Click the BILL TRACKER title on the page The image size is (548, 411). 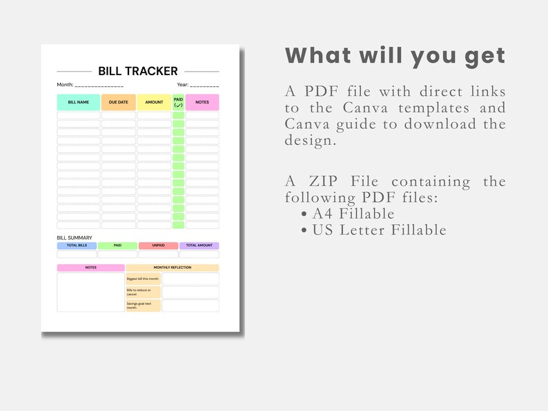click(x=138, y=71)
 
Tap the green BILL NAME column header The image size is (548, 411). click(x=78, y=102)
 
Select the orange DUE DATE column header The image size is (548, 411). click(x=118, y=102)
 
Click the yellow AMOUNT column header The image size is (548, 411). click(x=154, y=102)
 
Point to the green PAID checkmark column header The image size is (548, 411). click(x=178, y=102)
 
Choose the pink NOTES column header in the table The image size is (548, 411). click(x=202, y=102)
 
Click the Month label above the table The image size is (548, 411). click(x=65, y=85)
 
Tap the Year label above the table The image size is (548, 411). click(x=182, y=85)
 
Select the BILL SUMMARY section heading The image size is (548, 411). click(x=74, y=238)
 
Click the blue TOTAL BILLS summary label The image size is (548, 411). click(x=77, y=245)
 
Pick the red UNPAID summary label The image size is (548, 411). click(x=158, y=245)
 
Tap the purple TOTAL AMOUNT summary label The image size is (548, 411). click(x=199, y=245)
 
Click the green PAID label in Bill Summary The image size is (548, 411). click(x=117, y=245)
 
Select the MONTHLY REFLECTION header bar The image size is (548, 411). click(x=173, y=268)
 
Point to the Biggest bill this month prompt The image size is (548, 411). click(x=143, y=279)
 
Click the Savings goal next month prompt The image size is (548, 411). click(x=143, y=305)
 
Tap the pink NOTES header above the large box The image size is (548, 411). click(x=90, y=268)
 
